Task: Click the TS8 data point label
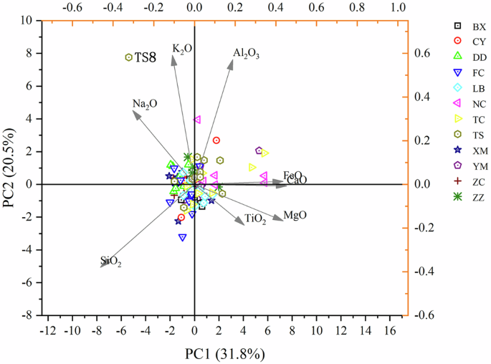[x=146, y=57]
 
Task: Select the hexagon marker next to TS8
[x=129, y=57]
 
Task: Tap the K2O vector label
[x=182, y=49]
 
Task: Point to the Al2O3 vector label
[x=246, y=54]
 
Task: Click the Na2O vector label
[x=145, y=105]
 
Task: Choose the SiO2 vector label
[x=111, y=262]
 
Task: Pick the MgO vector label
[x=295, y=216]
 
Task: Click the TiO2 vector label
[x=255, y=220]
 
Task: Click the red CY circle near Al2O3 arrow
[x=216, y=140]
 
